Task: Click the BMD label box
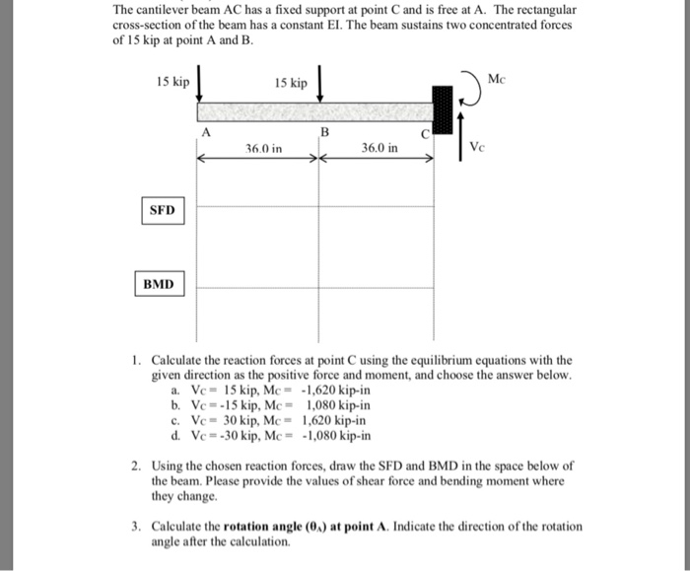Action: click(x=158, y=284)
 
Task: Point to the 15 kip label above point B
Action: click(x=292, y=84)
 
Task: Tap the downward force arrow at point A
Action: click(x=200, y=83)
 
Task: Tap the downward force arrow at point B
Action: click(x=320, y=83)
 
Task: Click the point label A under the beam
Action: click(x=206, y=132)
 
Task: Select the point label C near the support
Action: click(x=425, y=133)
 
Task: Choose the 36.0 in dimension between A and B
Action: click(x=263, y=149)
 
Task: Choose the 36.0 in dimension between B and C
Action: click(x=379, y=149)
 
